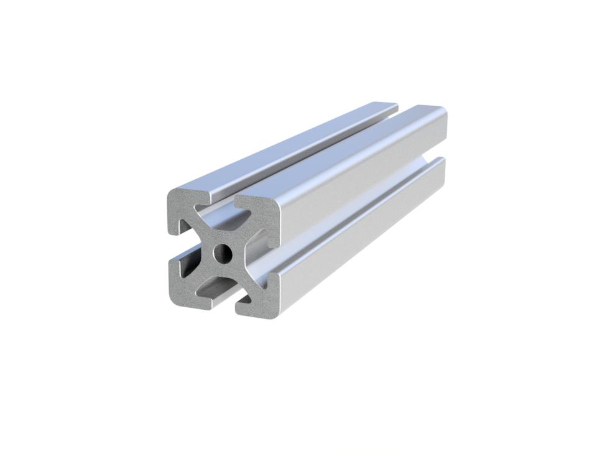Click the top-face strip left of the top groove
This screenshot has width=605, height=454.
click(x=280, y=146)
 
